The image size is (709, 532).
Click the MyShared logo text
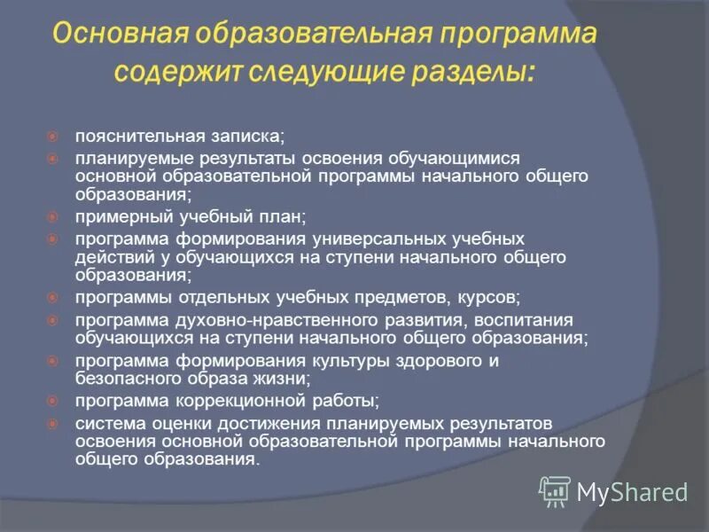point(631,491)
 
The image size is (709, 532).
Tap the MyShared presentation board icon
point(555,490)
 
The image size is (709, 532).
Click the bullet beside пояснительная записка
point(52,137)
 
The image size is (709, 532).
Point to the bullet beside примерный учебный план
point(52,215)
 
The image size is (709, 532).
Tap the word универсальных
point(369,239)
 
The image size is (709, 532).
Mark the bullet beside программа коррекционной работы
point(52,399)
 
